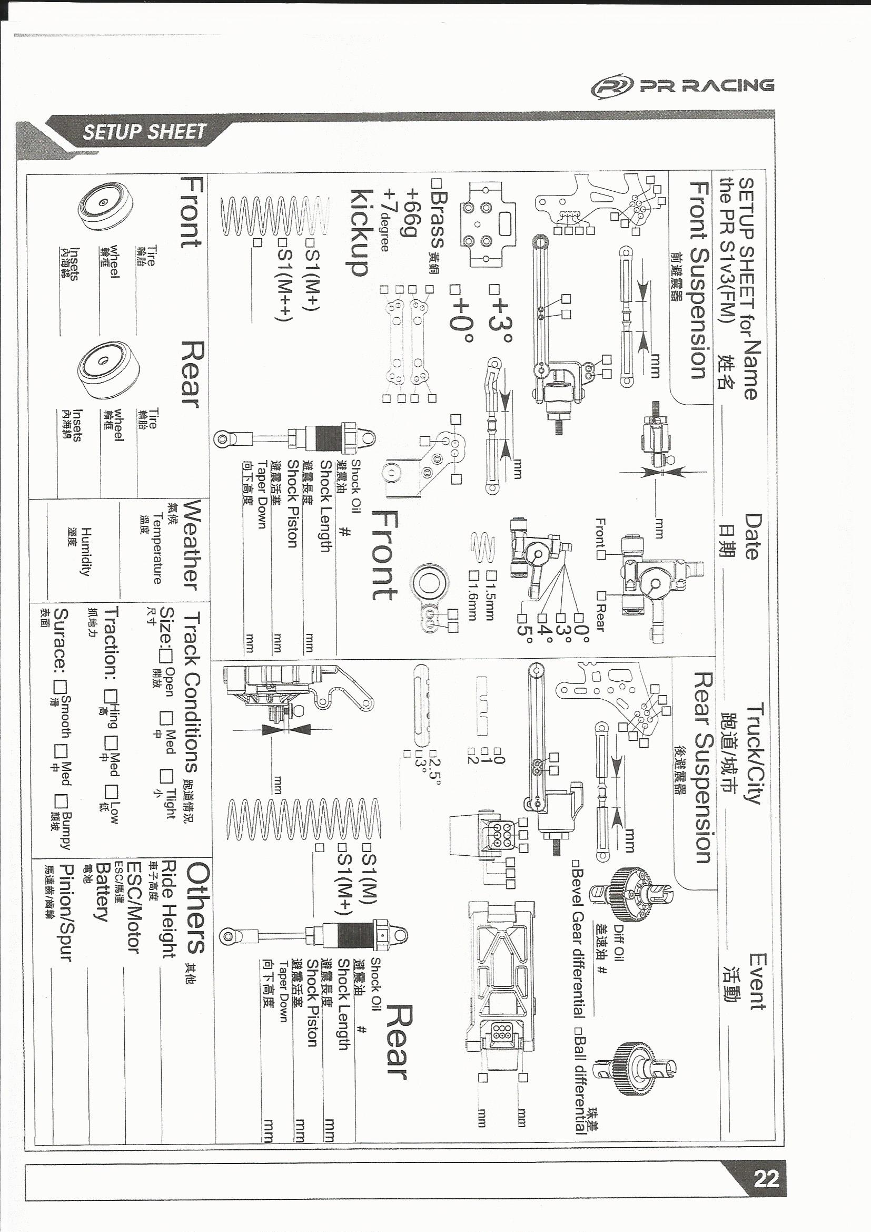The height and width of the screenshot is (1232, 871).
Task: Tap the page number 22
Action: [766, 1178]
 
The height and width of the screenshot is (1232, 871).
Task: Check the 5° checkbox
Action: [521, 618]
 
